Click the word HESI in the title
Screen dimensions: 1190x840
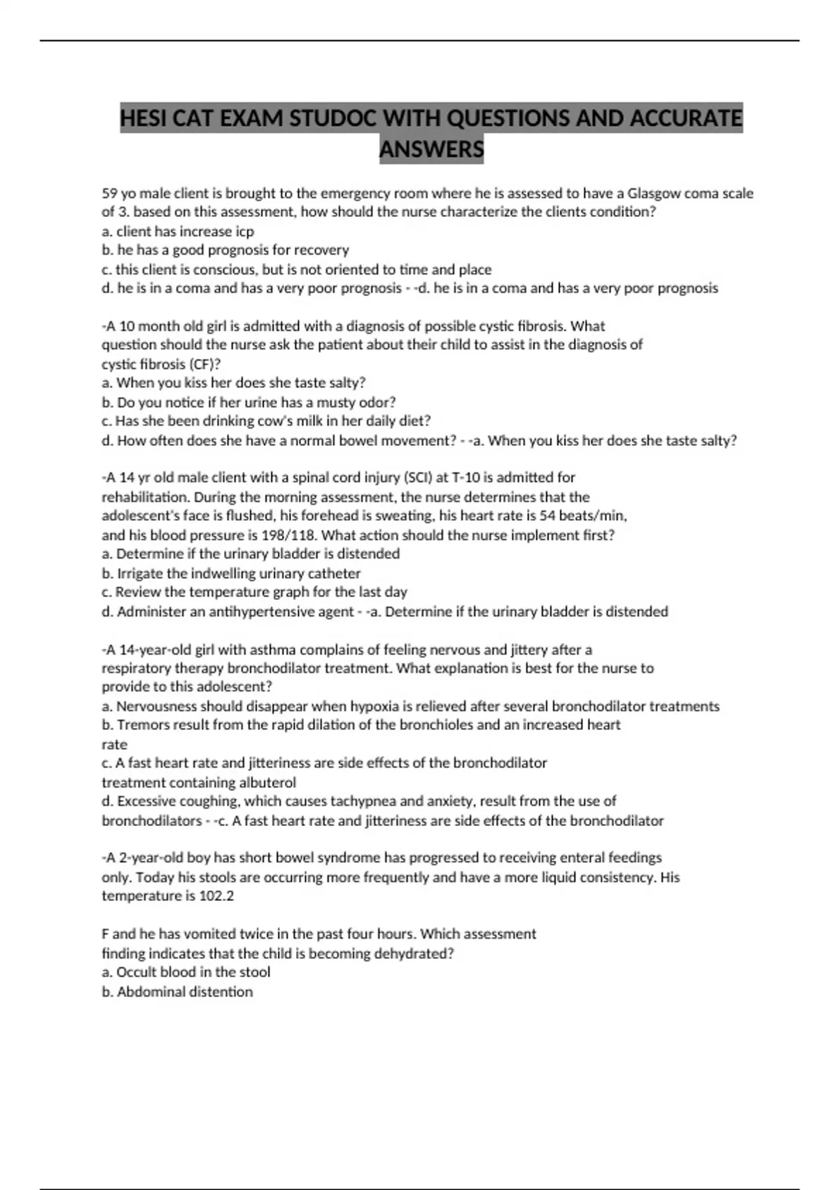click(143, 118)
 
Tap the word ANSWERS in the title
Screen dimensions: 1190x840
click(431, 149)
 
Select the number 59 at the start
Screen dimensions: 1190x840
click(110, 193)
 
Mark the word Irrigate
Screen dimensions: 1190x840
click(140, 573)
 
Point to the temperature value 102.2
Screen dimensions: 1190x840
click(216, 896)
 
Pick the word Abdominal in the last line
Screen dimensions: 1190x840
click(149, 992)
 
